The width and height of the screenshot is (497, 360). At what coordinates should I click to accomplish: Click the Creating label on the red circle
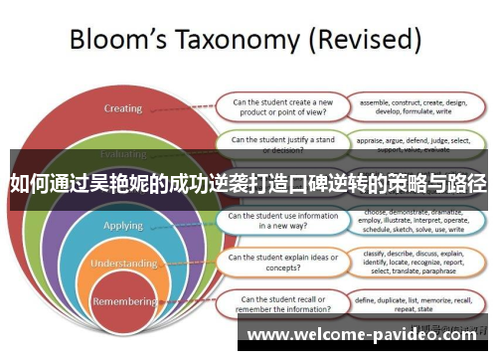[123, 108]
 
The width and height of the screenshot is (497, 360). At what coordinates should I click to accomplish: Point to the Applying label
[124, 226]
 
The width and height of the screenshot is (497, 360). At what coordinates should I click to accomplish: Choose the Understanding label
[124, 264]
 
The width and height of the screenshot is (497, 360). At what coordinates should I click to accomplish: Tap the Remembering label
[124, 300]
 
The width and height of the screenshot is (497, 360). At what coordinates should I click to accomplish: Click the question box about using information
[280, 220]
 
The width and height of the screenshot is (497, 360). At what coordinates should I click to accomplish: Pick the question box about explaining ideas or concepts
[280, 262]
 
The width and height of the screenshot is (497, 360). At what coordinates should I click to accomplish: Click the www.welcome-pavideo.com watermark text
[365, 335]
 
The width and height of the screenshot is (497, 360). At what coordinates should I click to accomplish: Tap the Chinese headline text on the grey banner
[248, 184]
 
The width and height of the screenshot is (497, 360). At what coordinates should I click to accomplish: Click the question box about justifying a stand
[282, 145]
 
